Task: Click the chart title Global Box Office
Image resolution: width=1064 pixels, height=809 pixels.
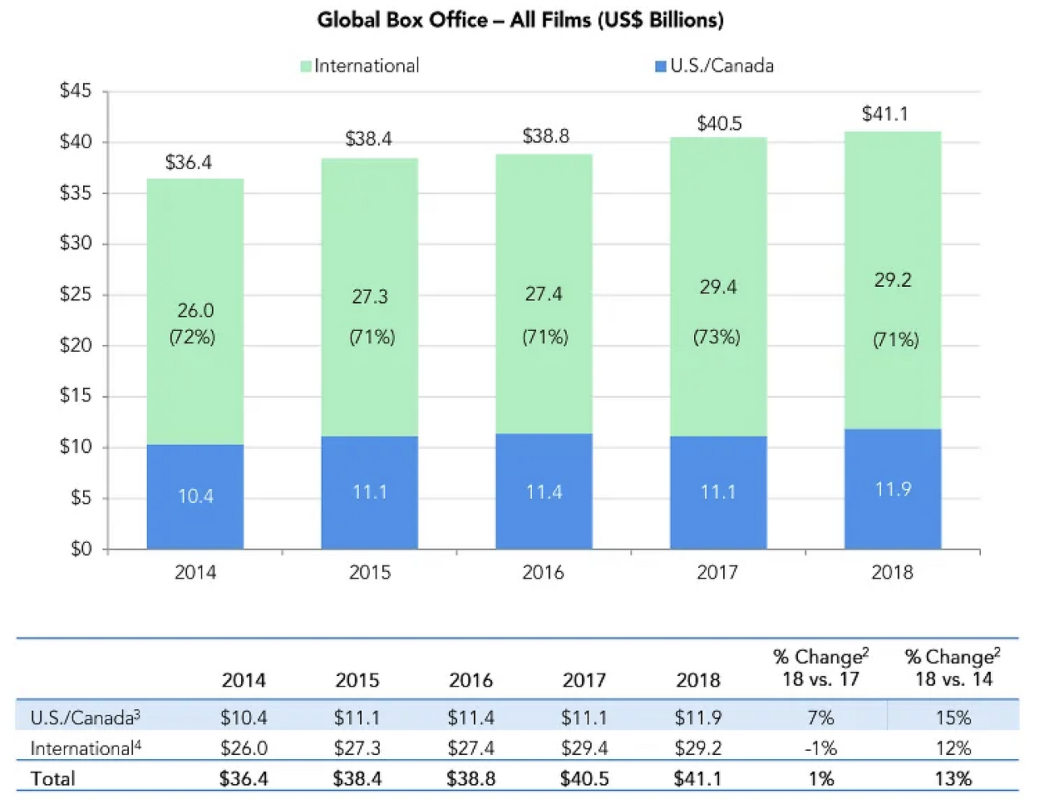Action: click(520, 20)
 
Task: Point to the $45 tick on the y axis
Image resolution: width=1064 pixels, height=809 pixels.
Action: click(76, 91)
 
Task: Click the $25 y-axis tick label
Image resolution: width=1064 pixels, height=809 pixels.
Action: click(76, 294)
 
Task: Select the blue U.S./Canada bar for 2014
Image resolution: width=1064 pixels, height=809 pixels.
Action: click(195, 496)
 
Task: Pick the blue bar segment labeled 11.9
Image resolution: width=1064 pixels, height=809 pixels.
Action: click(893, 489)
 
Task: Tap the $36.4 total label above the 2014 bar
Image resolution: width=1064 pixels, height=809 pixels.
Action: click(189, 162)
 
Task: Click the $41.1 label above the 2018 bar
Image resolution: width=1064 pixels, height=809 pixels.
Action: click(885, 114)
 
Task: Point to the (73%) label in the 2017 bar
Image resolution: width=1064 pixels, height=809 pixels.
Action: click(717, 337)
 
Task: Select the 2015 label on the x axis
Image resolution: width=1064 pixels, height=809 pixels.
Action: click(370, 572)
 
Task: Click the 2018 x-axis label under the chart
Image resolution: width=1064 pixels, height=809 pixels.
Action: click(892, 572)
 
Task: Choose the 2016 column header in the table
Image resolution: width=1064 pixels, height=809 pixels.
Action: click(471, 680)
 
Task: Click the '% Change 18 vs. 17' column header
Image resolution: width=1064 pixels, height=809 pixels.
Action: click(820, 668)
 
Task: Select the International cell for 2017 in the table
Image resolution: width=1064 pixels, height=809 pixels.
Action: click(584, 748)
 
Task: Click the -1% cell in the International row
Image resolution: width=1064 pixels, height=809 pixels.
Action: click(820, 748)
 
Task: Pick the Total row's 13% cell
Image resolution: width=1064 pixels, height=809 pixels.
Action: click(953, 779)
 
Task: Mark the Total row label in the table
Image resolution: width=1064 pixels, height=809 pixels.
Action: click(52, 779)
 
